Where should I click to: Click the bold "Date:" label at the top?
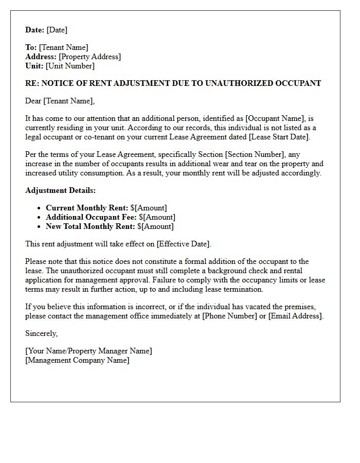point(35,30)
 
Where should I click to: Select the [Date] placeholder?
point(57,30)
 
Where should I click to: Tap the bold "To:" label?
point(31,47)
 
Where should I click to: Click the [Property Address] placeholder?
point(90,57)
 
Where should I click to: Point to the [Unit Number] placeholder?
point(70,66)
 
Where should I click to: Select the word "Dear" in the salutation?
point(33,101)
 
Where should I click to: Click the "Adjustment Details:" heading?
point(60,190)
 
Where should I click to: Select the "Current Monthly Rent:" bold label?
point(87,208)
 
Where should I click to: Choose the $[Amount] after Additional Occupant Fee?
point(157,217)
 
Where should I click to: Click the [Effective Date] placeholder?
point(184,244)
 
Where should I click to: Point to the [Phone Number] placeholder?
point(230,316)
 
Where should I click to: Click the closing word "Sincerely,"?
point(42,333)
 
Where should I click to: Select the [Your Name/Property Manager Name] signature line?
point(88,351)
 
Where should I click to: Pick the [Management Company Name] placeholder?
point(77,360)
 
